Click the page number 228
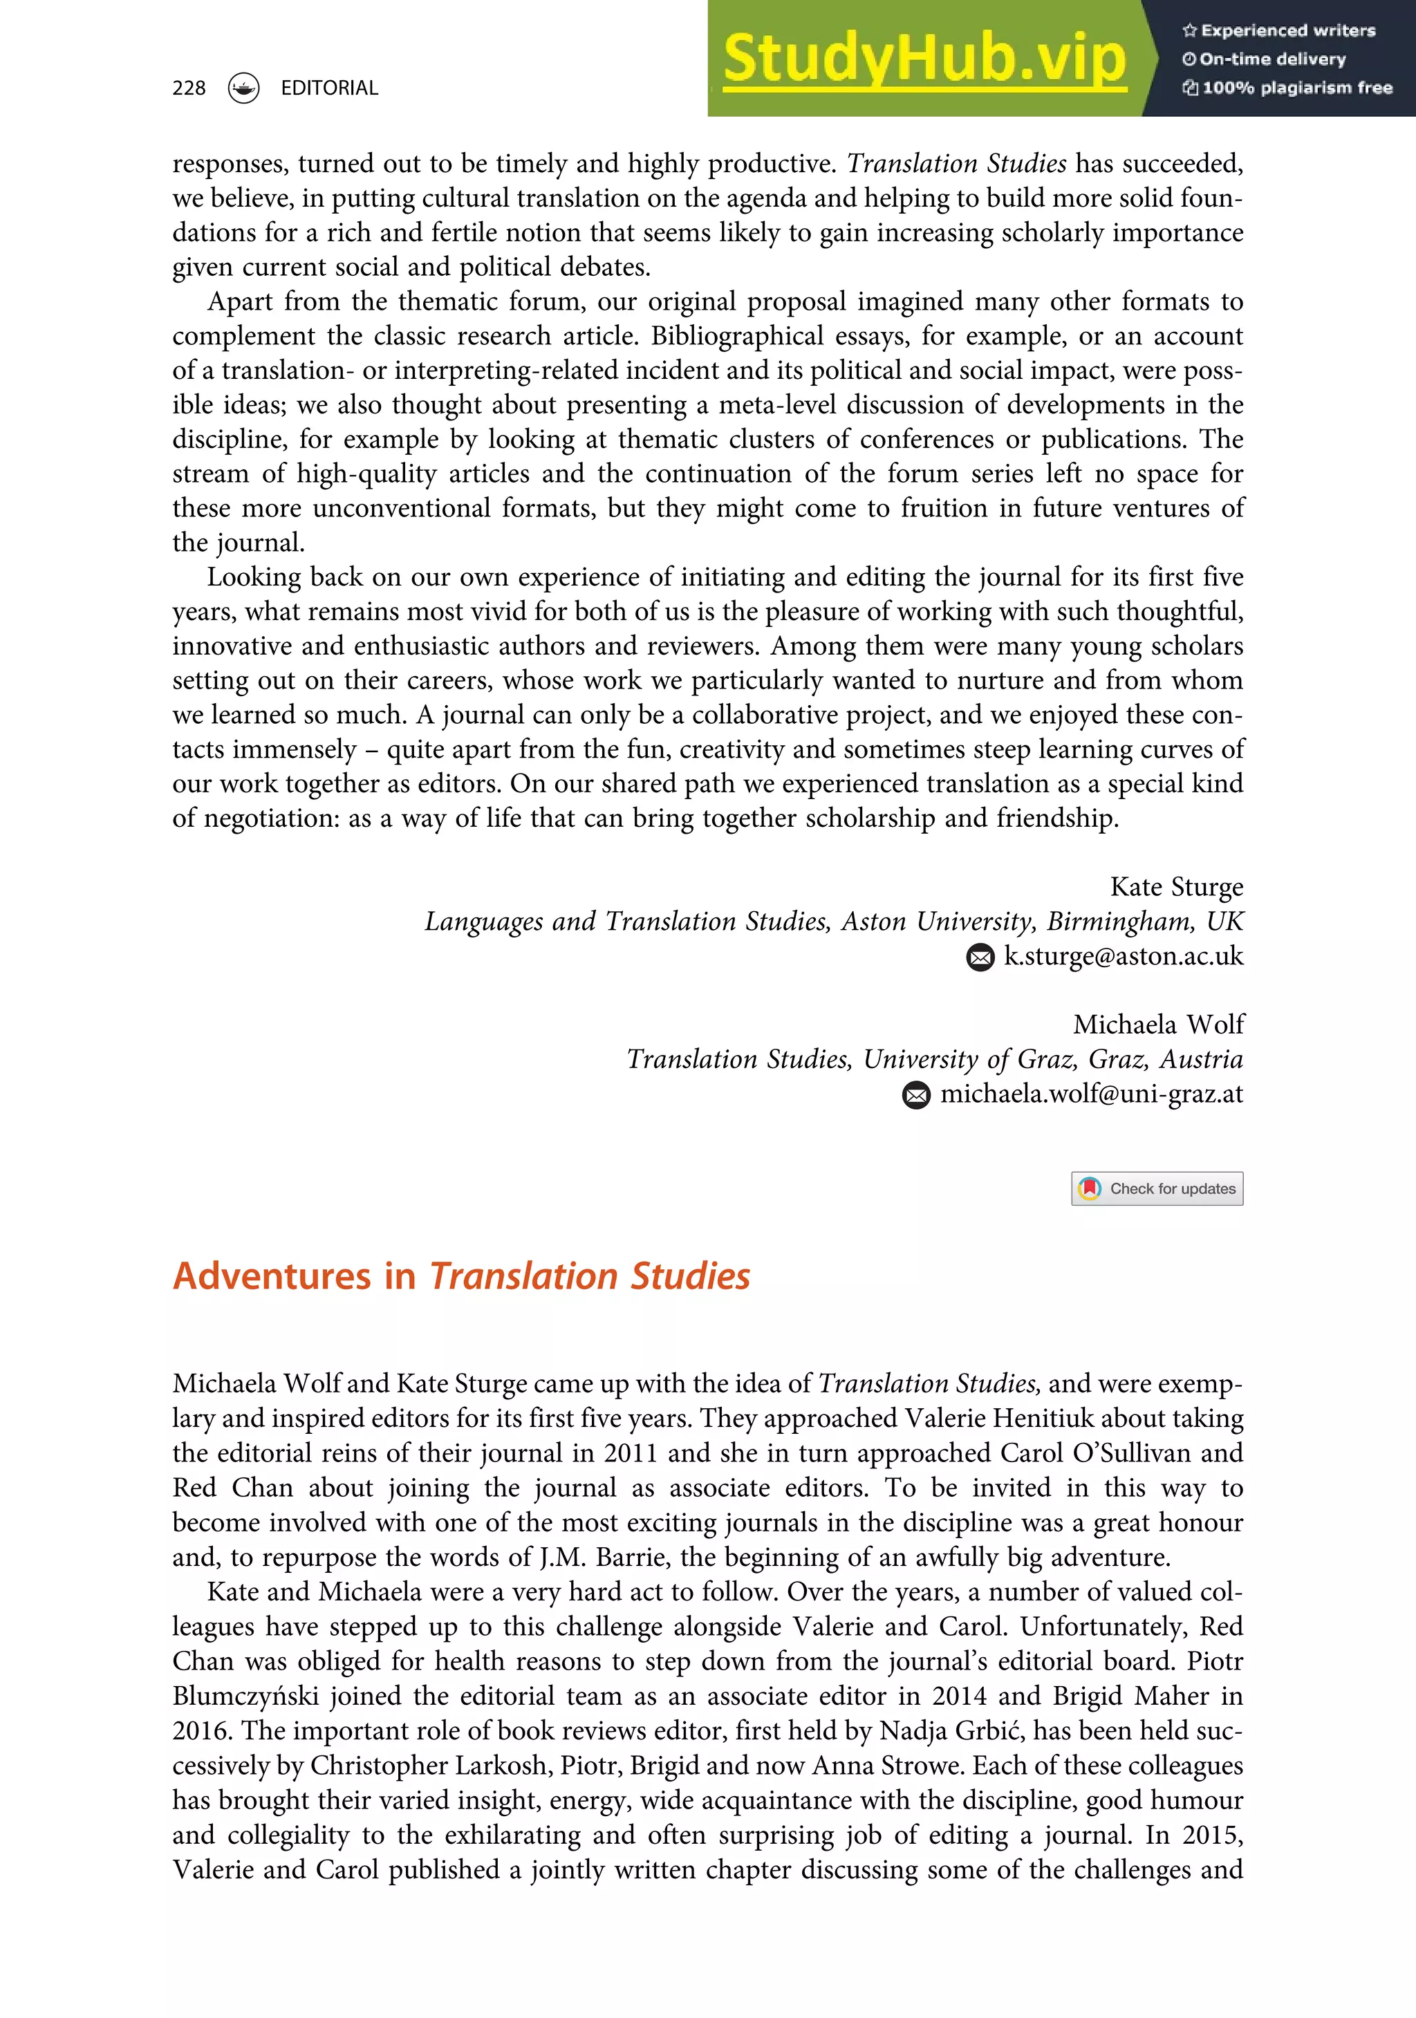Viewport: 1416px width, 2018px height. [189, 88]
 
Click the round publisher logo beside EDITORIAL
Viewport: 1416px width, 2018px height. [243, 88]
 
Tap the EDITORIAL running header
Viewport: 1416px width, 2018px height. [328, 88]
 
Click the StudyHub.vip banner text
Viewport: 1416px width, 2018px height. [923, 59]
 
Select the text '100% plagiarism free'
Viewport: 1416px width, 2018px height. [1296, 88]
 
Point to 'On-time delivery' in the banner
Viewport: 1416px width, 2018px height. [1272, 59]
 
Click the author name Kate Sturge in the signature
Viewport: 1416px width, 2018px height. [1176, 887]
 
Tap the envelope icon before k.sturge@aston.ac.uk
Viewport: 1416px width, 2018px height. [980, 957]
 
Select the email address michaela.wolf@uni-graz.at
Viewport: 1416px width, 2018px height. [1092, 1094]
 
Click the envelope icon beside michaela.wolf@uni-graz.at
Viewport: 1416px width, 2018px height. [916, 1095]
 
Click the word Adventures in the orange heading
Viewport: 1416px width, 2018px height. [272, 1276]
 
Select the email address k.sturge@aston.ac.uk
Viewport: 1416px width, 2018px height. [1124, 956]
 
